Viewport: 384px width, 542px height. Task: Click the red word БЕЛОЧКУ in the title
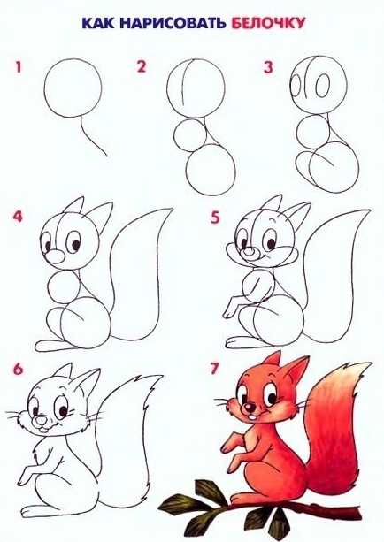click(x=268, y=23)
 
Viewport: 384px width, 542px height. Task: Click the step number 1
click(x=19, y=67)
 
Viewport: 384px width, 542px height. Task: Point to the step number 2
click(x=142, y=66)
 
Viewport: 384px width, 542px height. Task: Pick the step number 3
click(x=268, y=67)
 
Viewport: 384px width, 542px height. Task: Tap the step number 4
click(x=18, y=217)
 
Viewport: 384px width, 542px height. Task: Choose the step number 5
click(x=215, y=218)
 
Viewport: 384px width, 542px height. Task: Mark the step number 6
click(x=18, y=370)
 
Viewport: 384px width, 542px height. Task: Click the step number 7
click(x=214, y=370)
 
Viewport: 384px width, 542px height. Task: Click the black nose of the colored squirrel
click(x=249, y=408)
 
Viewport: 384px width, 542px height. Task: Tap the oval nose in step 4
click(x=55, y=256)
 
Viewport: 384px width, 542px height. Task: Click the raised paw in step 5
click(x=231, y=308)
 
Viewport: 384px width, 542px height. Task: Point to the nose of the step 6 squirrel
click(x=42, y=421)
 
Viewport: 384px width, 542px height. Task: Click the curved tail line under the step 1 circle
click(x=90, y=137)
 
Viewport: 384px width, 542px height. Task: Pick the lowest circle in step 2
click(x=211, y=171)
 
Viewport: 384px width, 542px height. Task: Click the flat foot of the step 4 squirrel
click(x=52, y=346)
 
